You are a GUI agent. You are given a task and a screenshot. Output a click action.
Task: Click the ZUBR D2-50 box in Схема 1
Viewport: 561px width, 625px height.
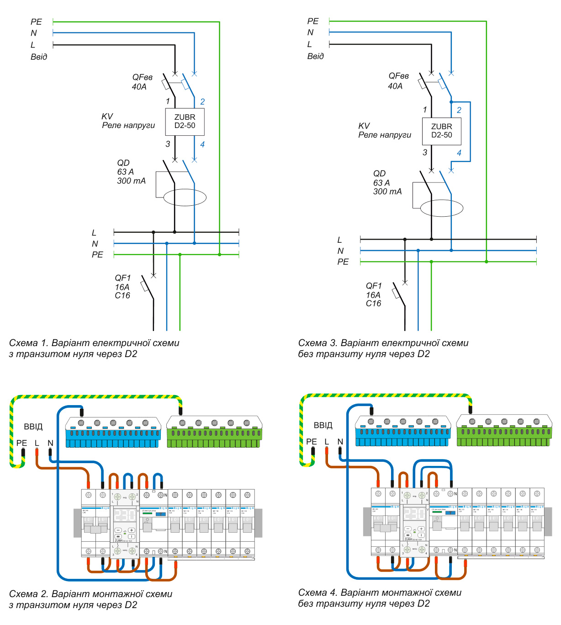click(185, 122)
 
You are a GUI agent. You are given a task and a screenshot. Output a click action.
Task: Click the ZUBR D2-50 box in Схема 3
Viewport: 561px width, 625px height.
click(441, 131)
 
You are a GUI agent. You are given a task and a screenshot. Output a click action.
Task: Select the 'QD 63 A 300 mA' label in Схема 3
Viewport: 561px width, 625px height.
click(387, 183)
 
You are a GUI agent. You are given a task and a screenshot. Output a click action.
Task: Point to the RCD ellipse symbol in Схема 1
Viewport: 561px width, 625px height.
click(185, 198)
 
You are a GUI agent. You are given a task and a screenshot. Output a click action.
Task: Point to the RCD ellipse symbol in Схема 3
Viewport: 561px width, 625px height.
click(441, 208)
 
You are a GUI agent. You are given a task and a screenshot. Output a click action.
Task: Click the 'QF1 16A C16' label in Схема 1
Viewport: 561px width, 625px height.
click(122, 287)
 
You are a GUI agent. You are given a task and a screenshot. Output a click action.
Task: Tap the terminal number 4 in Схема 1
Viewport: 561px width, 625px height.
click(202, 144)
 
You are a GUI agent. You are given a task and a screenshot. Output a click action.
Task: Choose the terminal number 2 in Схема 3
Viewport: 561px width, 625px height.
click(459, 110)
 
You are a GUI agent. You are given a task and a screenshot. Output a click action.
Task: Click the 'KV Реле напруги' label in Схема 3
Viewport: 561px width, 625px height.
click(384, 131)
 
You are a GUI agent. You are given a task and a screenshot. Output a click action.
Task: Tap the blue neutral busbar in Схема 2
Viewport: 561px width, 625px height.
click(113, 433)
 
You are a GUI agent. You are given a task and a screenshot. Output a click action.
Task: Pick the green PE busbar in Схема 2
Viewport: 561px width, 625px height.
click(214, 433)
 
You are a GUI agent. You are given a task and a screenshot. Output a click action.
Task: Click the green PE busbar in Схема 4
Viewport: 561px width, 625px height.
click(504, 431)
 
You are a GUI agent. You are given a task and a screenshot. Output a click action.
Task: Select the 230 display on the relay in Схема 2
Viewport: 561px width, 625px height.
click(125, 515)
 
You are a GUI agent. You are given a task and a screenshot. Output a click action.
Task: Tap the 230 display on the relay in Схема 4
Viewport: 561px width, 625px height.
click(414, 514)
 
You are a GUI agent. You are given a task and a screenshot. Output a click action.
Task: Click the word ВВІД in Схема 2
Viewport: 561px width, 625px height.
click(33, 427)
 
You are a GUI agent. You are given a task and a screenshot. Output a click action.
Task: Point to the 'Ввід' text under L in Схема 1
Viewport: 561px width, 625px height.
click(39, 57)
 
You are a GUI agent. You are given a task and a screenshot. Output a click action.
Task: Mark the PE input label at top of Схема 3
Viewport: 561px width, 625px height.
click(313, 21)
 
